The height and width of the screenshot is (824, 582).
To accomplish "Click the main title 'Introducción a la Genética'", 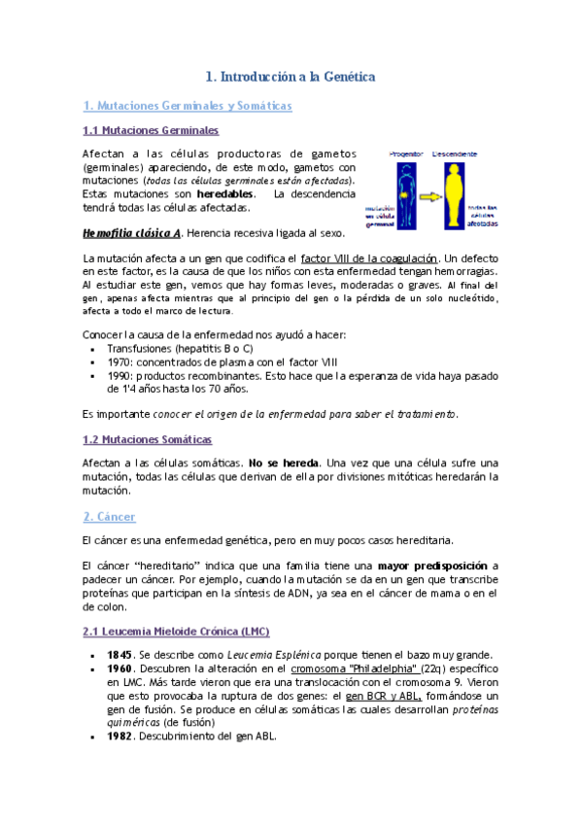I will click(x=291, y=75).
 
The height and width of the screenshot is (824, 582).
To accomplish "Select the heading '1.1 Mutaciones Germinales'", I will click(x=150, y=129).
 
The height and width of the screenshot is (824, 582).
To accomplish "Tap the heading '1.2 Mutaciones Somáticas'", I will click(x=147, y=439).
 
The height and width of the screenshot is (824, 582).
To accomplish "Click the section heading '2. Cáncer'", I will click(x=109, y=516).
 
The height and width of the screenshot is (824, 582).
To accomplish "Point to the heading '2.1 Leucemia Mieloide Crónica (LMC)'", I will click(x=175, y=632).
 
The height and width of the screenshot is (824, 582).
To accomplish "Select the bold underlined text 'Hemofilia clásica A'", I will click(x=131, y=233).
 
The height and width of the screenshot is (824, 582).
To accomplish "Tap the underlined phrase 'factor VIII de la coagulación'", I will click(x=370, y=258).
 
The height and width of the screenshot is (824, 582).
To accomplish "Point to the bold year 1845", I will click(x=120, y=654).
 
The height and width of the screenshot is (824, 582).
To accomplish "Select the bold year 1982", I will click(x=120, y=736).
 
